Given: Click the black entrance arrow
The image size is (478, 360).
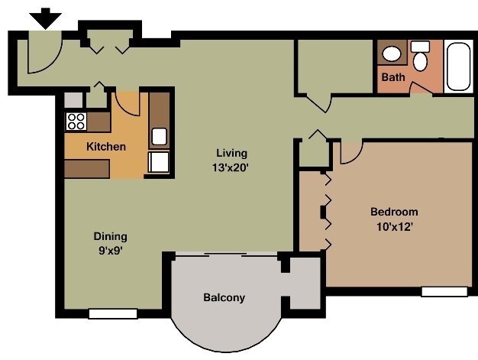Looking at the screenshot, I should click(47, 18).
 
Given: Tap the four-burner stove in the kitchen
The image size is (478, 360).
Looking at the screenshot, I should click(76, 120).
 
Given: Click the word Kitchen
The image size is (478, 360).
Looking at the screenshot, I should click(105, 147).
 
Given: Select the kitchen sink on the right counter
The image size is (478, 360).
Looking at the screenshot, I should click(160, 137).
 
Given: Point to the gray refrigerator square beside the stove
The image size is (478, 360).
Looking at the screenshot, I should click(73, 99).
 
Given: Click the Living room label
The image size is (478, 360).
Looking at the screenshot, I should click(231, 152).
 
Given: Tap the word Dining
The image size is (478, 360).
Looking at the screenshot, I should click(110, 236).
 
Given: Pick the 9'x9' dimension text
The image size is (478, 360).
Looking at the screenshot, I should click(110, 250).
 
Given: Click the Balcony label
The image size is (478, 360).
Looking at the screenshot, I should click(224, 297).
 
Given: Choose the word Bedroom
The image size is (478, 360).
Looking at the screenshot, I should click(394, 212).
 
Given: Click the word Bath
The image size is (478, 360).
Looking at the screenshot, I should click(393, 77).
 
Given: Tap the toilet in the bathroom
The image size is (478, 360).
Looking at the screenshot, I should click(420, 57).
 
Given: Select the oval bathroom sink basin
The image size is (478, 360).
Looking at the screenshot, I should click(392, 54).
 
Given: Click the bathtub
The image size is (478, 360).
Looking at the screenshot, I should click(459, 68).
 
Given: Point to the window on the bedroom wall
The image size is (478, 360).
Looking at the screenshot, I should click(444, 291).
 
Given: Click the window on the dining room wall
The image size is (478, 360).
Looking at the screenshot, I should click(112, 313).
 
